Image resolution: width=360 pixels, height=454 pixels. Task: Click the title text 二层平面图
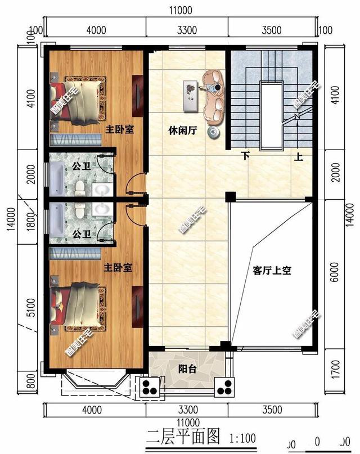click(183, 435)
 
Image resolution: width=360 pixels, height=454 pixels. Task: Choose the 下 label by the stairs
click(245, 156)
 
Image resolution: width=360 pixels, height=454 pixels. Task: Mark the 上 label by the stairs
click(299, 158)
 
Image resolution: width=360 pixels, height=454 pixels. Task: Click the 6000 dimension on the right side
click(336, 274)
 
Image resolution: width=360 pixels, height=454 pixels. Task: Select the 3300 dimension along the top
click(186, 30)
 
